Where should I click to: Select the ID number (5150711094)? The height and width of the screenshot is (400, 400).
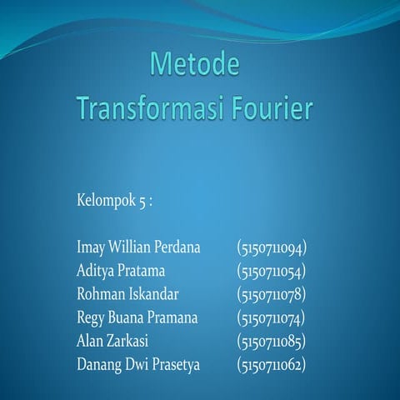click(x=272, y=247)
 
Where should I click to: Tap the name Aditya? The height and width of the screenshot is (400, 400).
click(x=95, y=271)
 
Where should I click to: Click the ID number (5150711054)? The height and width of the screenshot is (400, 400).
click(x=272, y=271)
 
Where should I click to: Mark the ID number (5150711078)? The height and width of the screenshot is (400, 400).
click(x=272, y=294)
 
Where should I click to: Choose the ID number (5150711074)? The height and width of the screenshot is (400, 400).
click(x=272, y=317)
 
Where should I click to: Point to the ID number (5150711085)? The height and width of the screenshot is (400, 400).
click(x=272, y=341)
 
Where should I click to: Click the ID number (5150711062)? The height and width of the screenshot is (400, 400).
click(x=272, y=364)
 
